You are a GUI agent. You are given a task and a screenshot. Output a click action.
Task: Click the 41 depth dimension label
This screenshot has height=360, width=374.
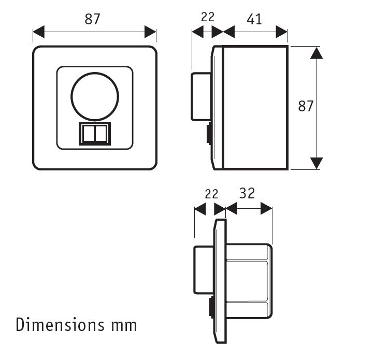[x=254, y=19]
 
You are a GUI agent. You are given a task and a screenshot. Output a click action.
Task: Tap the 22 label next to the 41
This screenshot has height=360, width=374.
[x=207, y=17]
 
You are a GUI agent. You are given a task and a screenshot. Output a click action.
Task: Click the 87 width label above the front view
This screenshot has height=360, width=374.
[x=92, y=19]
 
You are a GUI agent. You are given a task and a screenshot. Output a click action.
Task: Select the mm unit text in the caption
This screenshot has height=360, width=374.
[x=123, y=325]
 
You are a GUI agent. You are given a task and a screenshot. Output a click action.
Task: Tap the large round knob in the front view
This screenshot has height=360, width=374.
[x=95, y=96]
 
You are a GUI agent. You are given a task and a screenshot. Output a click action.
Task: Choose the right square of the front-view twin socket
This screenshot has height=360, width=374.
[x=102, y=134]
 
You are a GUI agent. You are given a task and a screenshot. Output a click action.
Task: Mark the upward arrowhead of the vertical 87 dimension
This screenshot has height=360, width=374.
[x=316, y=52]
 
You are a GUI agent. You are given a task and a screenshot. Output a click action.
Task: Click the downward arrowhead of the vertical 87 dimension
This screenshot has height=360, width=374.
[x=316, y=163]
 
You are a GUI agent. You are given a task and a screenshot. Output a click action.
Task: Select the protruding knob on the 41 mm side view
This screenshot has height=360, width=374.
[x=200, y=96]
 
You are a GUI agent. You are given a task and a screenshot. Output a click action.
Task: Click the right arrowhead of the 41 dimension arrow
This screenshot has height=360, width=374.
[x=282, y=33]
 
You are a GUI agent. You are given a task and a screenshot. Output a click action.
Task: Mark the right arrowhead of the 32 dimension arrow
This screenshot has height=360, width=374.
[x=266, y=208]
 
